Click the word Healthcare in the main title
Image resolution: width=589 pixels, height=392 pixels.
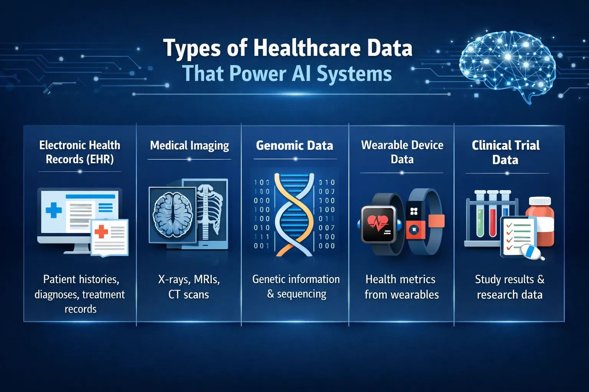pos(307,49)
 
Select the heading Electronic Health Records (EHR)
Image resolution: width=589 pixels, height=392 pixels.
pos(80,152)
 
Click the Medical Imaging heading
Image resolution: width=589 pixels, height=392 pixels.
pos(189,145)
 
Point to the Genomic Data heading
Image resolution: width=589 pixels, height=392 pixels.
pos(294,145)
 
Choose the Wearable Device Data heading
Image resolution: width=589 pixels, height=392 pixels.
pos(402,152)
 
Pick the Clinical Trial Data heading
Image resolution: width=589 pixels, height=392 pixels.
pos(505,152)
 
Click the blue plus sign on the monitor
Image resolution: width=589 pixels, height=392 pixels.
pos(54,210)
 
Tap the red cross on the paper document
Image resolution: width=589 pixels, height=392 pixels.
pos(101,231)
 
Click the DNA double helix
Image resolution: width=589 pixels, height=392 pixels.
pos(294,214)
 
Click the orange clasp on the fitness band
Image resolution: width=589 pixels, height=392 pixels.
pos(436,221)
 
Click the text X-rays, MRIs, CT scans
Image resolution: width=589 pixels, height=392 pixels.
pos(189,287)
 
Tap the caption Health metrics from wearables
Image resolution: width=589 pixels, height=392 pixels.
pos(401,287)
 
